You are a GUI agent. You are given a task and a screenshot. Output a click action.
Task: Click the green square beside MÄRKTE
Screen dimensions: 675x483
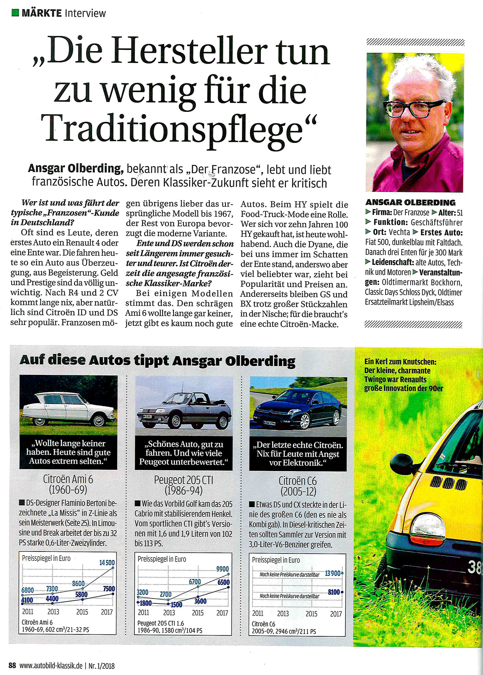pyautogui.click(x=15, y=13)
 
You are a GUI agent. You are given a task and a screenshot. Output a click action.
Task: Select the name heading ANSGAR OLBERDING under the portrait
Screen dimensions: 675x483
pyautogui.click(x=410, y=202)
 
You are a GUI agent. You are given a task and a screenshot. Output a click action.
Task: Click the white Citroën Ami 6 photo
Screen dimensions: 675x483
pyautogui.click(x=68, y=405)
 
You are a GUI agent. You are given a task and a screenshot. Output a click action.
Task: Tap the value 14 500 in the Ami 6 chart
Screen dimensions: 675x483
pyautogui.click(x=107, y=562)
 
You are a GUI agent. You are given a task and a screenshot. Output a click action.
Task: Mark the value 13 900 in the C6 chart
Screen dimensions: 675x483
pyautogui.click(x=332, y=573)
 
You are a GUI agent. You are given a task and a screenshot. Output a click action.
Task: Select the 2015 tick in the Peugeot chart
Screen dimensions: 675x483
pyautogui.click(x=198, y=613)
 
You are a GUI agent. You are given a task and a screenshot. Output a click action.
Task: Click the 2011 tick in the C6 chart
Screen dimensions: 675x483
pyautogui.click(x=258, y=613)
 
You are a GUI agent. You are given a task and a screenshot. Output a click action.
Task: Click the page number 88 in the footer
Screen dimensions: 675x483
pyautogui.click(x=12, y=665)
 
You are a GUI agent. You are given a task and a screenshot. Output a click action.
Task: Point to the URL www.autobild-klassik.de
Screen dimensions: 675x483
pyautogui.click(x=51, y=665)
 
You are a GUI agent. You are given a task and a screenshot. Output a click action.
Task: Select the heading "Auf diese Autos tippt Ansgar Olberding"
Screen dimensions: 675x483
pyautogui.click(x=157, y=360)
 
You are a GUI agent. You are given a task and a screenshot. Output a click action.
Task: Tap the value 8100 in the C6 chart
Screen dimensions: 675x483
pyautogui.click(x=334, y=592)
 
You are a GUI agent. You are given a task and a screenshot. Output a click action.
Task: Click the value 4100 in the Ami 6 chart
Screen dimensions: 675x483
pyautogui.click(x=27, y=600)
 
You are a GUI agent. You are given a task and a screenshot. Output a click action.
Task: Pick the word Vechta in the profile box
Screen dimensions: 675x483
pyautogui.click(x=399, y=232)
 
